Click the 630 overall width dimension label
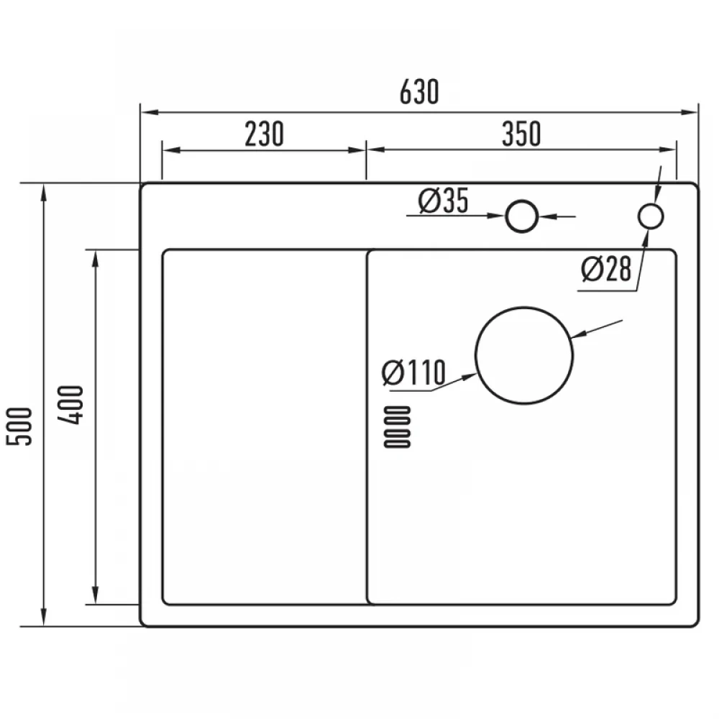click(x=419, y=92)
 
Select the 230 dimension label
click(x=264, y=134)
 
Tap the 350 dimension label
click(x=522, y=134)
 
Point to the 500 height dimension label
click(x=19, y=426)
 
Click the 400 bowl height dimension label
click(x=71, y=405)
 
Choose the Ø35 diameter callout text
click(x=444, y=201)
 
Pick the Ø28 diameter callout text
click(x=606, y=269)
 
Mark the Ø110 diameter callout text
click(x=413, y=372)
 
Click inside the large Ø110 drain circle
click(x=524, y=355)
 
